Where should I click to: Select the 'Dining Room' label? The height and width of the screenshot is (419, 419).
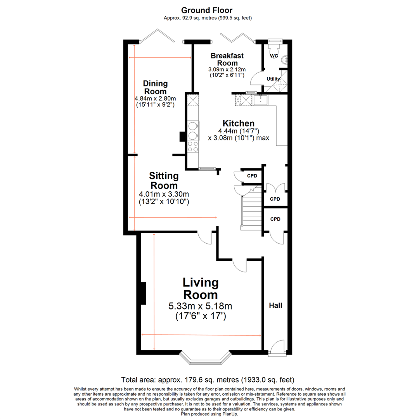click(x=155, y=87)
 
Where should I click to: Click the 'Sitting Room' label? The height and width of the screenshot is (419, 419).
click(x=164, y=180)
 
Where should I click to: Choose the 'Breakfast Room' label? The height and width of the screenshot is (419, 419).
click(x=227, y=59)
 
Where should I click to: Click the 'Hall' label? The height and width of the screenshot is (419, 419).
click(x=275, y=305)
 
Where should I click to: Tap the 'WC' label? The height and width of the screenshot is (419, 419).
click(x=274, y=56)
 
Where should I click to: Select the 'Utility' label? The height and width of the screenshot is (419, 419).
click(x=273, y=79)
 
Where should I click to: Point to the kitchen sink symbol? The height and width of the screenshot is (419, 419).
click(x=260, y=100)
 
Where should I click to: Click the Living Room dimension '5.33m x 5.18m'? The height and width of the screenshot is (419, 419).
click(x=200, y=306)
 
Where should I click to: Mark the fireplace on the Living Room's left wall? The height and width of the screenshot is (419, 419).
click(x=143, y=293)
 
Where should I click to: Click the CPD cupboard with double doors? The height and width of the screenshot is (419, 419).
click(x=275, y=194)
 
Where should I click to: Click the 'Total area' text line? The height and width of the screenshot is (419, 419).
click(x=208, y=379)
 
